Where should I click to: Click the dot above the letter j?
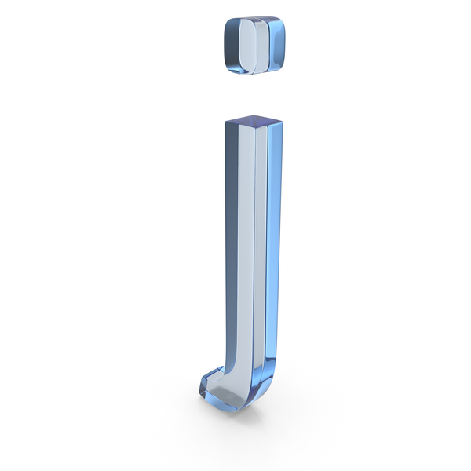click(x=254, y=45)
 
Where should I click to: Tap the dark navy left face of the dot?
click(x=232, y=45)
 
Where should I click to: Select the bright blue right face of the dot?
click(x=276, y=45)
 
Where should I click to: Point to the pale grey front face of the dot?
click(x=248, y=46)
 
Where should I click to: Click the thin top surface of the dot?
click(x=255, y=18)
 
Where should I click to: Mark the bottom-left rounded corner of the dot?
click(x=231, y=68)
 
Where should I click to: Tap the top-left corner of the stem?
click(x=226, y=122)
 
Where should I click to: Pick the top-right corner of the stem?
click(x=283, y=121)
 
